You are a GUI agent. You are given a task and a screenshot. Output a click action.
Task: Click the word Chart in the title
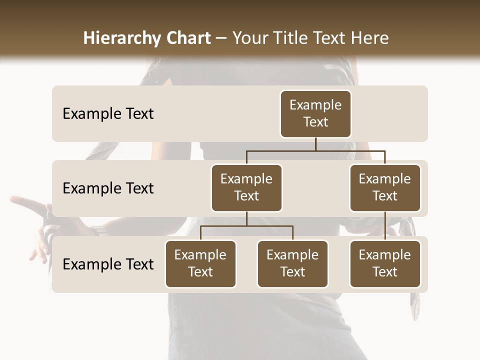187,38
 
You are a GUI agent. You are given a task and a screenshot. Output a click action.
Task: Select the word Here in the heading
369,38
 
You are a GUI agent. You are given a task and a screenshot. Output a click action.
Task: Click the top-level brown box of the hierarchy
315,113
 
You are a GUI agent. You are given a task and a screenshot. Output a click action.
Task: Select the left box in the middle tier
246,187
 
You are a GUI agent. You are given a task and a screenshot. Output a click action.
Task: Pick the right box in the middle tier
385,187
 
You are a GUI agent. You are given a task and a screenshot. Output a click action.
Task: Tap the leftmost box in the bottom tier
200,263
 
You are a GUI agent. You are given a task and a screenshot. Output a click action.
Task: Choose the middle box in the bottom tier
292,263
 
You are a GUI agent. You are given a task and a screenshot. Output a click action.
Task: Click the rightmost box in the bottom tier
385,263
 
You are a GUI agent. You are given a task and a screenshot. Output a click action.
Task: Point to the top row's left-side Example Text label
108,114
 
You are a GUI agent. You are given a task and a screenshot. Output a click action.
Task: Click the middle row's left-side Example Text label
108,188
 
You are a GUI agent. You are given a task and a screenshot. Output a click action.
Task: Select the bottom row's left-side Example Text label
108,264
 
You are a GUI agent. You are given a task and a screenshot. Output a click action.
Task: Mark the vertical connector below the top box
315,144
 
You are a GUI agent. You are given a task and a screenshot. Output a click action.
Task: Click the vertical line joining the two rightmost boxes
385,225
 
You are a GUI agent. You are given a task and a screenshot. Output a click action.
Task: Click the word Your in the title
249,38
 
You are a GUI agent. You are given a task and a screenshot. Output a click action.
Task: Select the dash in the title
221,38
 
